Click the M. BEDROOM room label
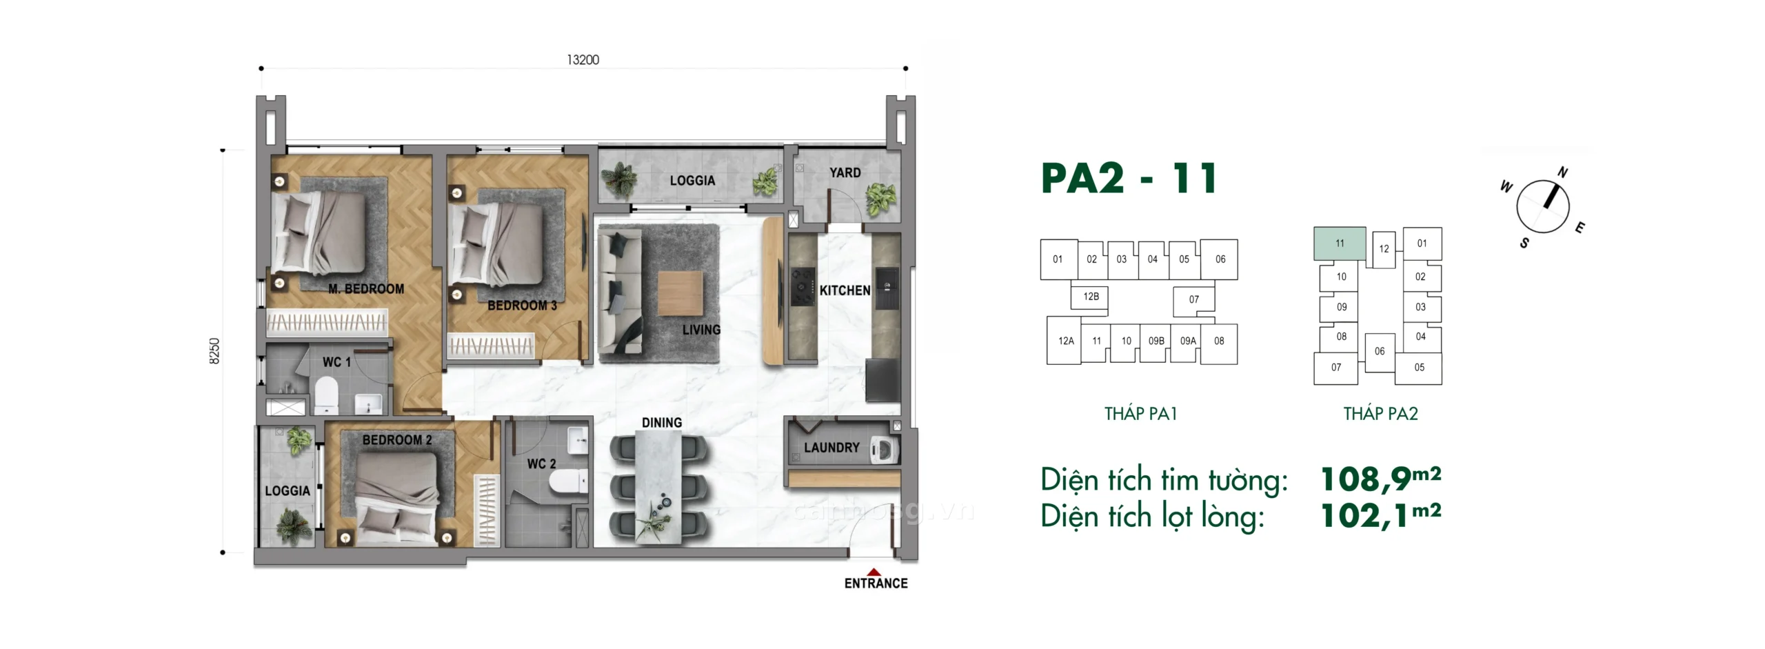tap(366, 289)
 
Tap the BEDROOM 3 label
tap(522, 305)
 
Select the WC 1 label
tap(336, 362)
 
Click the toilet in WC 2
tap(569, 481)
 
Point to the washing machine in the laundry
tap(885, 450)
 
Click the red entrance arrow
tap(874, 572)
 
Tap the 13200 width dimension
tap(583, 60)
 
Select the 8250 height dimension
tap(215, 351)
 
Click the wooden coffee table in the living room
tap(680, 294)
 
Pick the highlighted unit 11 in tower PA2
tap(1340, 243)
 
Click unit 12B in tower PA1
tap(1091, 297)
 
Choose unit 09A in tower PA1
tap(1188, 341)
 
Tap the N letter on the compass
tap(1562, 172)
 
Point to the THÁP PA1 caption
tap(1141, 414)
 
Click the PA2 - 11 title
tap(1129, 178)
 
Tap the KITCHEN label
tap(845, 291)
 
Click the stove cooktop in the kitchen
tap(803, 286)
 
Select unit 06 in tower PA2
tap(1380, 352)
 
